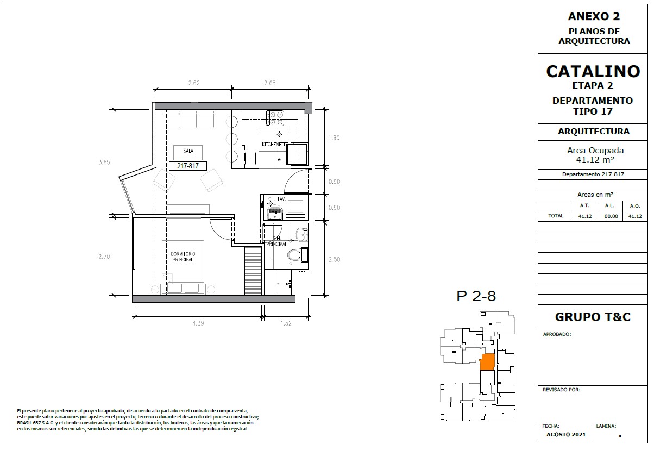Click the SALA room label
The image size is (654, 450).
pyautogui.click(x=188, y=151)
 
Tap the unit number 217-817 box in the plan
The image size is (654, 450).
pyautogui.click(x=188, y=166)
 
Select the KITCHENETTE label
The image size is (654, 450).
pyautogui.click(x=275, y=145)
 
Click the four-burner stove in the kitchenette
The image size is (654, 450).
pyautogui.click(x=275, y=118)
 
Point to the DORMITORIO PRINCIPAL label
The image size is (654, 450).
pyautogui.click(x=183, y=257)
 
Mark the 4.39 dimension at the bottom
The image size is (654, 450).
pyautogui.click(x=198, y=323)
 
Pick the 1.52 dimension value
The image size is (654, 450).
pyautogui.click(x=286, y=323)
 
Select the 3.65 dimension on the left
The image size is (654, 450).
pyautogui.click(x=104, y=162)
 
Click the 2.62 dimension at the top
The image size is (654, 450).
pyautogui.click(x=194, y=83)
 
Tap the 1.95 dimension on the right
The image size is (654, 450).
pyautogui.click(x=334, y=137)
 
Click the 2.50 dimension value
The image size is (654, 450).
pyautogui.click(x=334, y=259)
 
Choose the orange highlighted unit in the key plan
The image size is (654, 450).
pyautogui.click(x=488, y=362)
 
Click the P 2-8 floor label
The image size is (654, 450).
pyautogui.click(x=476, y=296)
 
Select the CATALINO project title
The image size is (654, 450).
pyautogui.click(x=593, y=72)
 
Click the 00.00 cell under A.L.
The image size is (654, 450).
pyautogui.click(x=611, y=216)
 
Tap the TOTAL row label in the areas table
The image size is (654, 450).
pyautogui.click(x=556, y=216)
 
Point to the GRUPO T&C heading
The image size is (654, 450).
pyautogui.click(x=593, y=317)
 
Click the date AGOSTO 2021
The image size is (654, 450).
pyautogui.click(x=566, y=435)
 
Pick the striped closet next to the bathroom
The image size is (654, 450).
pyautogui.click(x=253, y=271)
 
